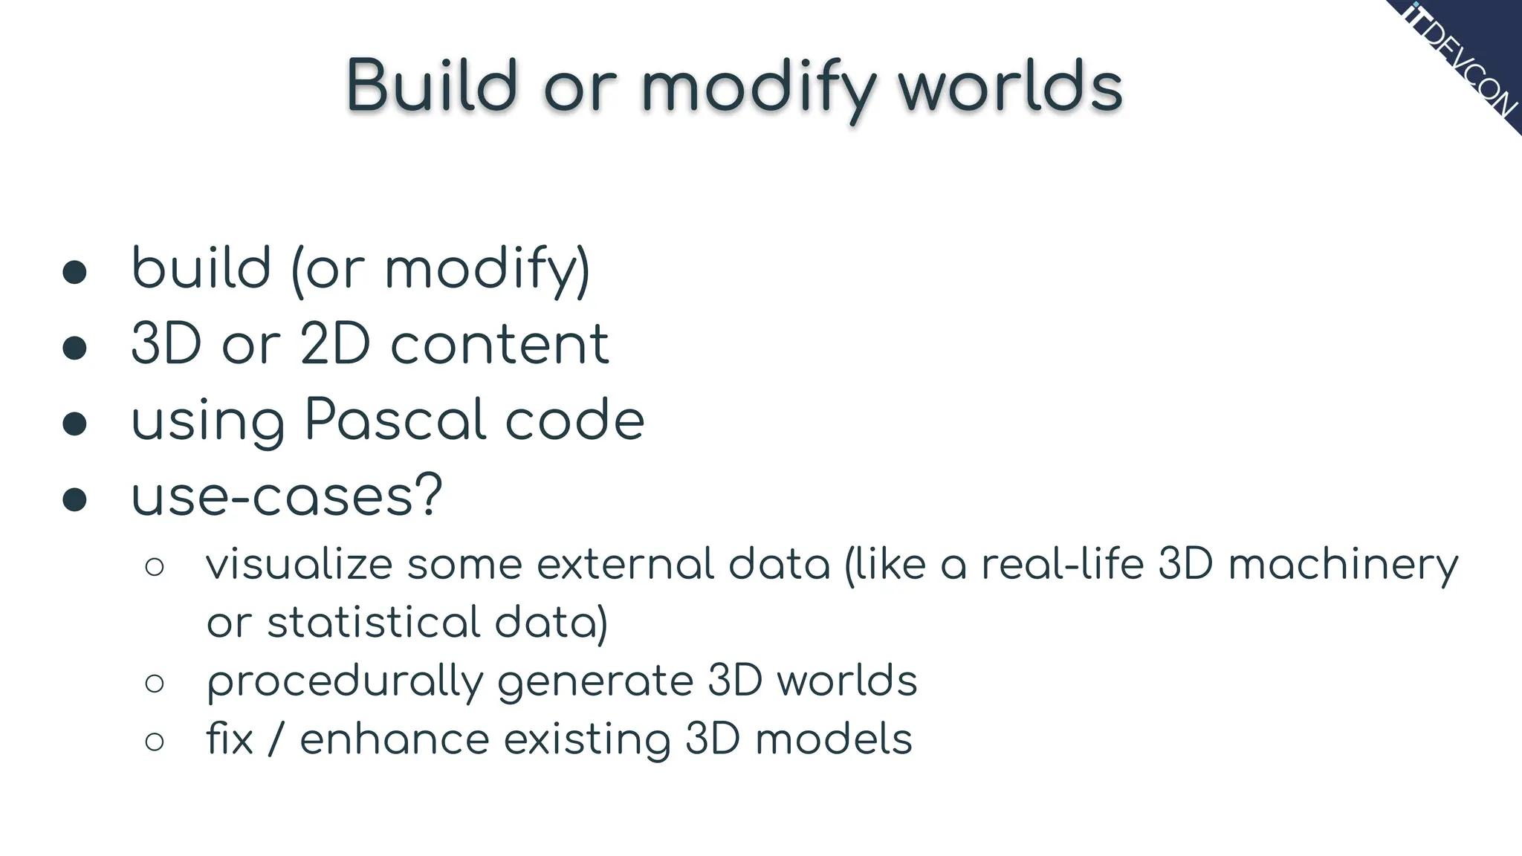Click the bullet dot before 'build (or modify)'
[74, 272]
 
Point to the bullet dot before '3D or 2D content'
[74, 347]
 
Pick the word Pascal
[396, 420]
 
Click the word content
[499, 345]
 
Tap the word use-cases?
[287, 496]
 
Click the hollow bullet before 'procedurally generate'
[155, 683]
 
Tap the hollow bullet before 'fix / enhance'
[155, 742]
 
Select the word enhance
[395, 740]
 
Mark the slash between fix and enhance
[276, 740]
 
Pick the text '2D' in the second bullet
[335, 345]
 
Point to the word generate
[595, 682]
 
